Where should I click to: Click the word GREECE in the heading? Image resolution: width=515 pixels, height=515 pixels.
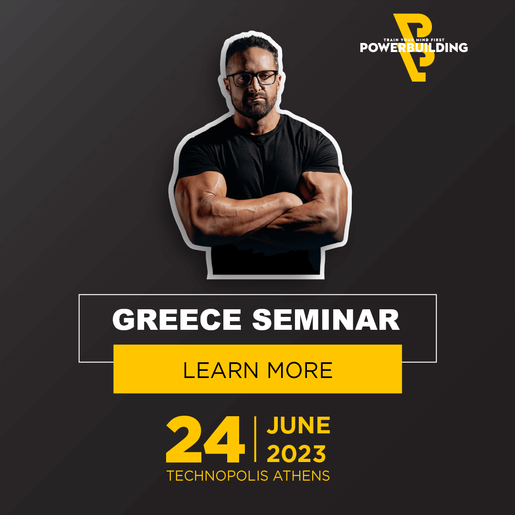click(x=177, y=319)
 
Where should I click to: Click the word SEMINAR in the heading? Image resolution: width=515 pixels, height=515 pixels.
click(x=326, y=319)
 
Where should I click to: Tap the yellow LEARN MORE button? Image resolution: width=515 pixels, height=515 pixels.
click(x=258, y=369)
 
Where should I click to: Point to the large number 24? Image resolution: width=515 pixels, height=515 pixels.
click(x=206, y=439)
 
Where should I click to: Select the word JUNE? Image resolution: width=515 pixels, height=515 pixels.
click(x=298, y=425)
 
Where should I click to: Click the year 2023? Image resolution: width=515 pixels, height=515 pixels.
click(x=296, y=454)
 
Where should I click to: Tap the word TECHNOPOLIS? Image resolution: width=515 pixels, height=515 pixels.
click(x=218, y=476)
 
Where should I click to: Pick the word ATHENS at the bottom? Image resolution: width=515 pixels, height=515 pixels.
click(x=301, y=476)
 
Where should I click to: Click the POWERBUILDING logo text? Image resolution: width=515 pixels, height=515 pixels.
click(x=414, y=48)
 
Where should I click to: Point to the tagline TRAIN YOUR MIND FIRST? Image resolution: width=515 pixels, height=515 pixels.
click(x=414, y=40)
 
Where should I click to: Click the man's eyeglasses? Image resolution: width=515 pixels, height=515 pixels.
click(x=252, y=78)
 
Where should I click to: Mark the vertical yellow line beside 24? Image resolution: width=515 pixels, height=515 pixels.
click(x=255, y=439)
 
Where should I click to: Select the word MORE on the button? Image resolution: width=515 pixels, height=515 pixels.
click(x=300, y=370)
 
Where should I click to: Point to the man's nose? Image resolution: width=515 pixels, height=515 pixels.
click(x=254, y=85)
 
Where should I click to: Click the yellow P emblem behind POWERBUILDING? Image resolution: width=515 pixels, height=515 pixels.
click(x=414, y=48)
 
